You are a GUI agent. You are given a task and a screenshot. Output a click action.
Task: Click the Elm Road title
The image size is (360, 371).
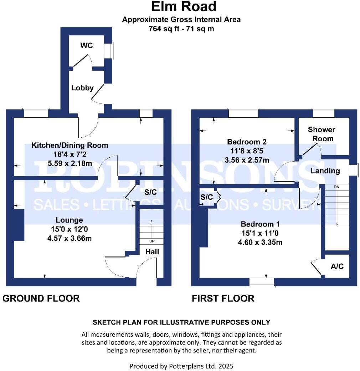tap(184, 7)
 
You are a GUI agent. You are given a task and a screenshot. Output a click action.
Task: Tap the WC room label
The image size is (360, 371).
tap(86, 45)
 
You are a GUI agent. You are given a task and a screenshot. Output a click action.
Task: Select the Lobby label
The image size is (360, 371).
tap(82, 88)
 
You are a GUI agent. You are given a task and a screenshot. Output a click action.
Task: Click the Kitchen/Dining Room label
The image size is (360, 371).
tap(70, 145)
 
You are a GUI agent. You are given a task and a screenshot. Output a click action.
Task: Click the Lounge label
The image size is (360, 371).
tap(69, 220)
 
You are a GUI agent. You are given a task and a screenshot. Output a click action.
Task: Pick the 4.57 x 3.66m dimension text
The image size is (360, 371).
tap(69, 238)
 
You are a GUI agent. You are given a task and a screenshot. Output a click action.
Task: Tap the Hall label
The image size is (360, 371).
tap(152, 252)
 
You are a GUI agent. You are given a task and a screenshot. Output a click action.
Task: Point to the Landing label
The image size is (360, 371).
tap(325, 171)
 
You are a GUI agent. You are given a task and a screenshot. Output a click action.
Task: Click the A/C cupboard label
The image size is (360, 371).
tap(337, 266)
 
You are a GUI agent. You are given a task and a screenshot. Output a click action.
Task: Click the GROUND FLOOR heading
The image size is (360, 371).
tap(41, 298)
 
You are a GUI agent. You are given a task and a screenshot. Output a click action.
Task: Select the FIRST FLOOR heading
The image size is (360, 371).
tap(223, 298)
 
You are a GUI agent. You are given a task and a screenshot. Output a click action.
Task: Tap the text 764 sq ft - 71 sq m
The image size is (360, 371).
tap(181, 29)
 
